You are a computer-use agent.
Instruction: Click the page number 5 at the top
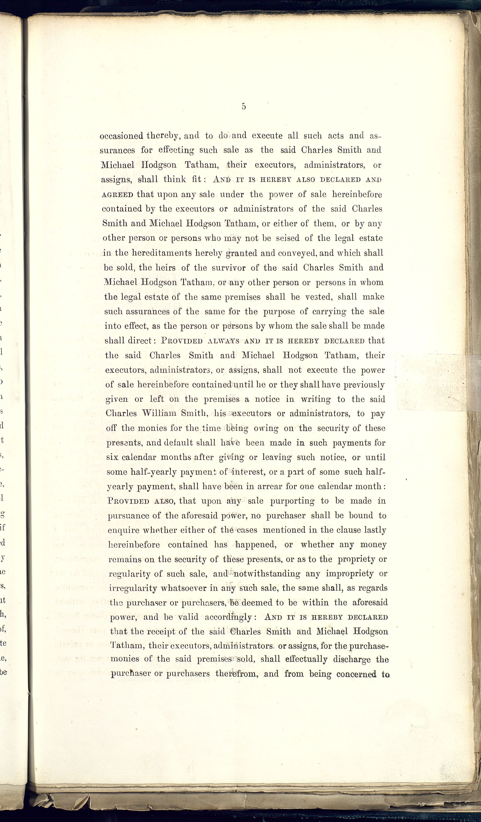244,106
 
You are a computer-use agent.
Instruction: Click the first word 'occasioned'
122,136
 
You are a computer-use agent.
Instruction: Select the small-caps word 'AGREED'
118,195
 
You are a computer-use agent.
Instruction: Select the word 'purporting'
292,501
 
